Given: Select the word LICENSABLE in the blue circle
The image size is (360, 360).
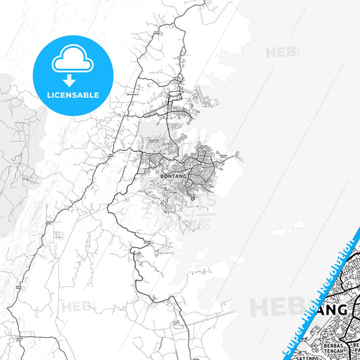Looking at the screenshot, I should point(72,95).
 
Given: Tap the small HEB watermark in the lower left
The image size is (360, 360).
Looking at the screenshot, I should point(76,306).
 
